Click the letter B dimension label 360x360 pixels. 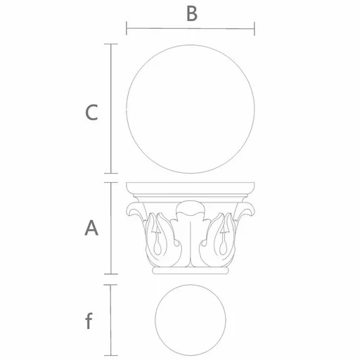[x=192, y=14]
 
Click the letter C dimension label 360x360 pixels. [x=91, y=112]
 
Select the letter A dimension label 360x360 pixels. [x=91, y=228]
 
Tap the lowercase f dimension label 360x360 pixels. [x=89, y=321]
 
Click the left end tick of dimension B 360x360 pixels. [x=127, y=28]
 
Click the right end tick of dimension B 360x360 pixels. [x=255, y=29]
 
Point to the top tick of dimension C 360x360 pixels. [x=111, y=44]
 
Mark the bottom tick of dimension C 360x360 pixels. [x=111, y=173]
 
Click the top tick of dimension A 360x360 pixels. [x=111, y=182]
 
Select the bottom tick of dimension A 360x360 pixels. [x=111, y=274]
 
